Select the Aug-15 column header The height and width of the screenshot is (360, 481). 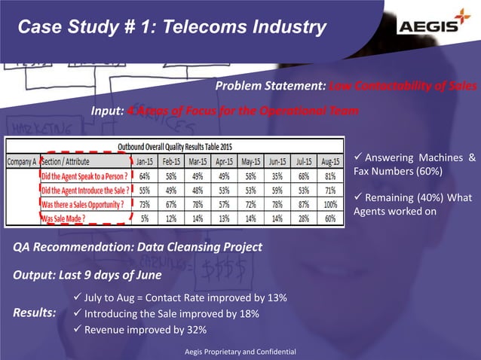(329, 161)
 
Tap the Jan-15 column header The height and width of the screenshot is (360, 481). (144, 161)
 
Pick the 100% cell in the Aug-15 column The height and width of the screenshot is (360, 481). (329, 204)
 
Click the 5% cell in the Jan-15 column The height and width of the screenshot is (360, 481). (144, 218)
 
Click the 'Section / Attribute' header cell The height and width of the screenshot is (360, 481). (66, 161)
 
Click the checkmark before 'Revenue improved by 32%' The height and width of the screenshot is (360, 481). (77, 329)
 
